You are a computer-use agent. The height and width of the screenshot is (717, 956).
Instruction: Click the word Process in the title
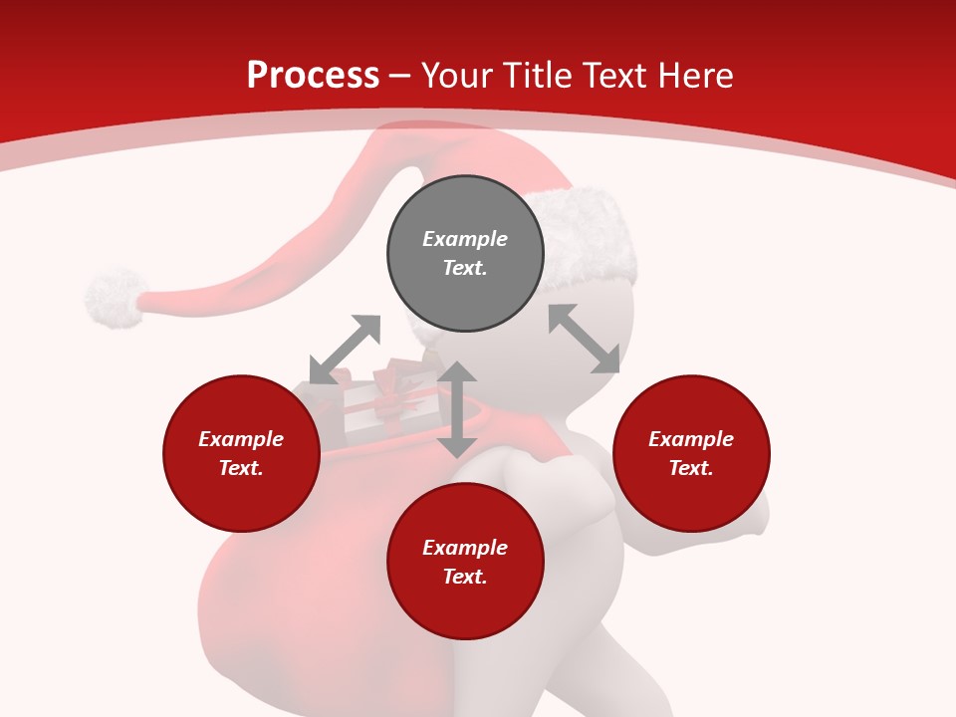[313, 76]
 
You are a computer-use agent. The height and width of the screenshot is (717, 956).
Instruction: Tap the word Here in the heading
[694, 76]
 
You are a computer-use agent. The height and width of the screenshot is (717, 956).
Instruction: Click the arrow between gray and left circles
[345, 350]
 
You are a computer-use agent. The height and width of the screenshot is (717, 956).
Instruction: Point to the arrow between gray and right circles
[584, 339]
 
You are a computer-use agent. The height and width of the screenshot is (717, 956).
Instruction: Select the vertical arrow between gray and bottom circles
[457, 409]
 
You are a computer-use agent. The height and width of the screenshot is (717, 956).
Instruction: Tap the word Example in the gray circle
[465, 239]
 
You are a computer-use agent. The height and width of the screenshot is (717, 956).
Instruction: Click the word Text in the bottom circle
[464, 577]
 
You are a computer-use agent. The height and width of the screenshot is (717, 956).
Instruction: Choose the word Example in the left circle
[241, 439]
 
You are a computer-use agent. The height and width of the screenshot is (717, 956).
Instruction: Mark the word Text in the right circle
[690, 468]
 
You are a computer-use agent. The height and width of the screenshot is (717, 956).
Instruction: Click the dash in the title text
[400, 76]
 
